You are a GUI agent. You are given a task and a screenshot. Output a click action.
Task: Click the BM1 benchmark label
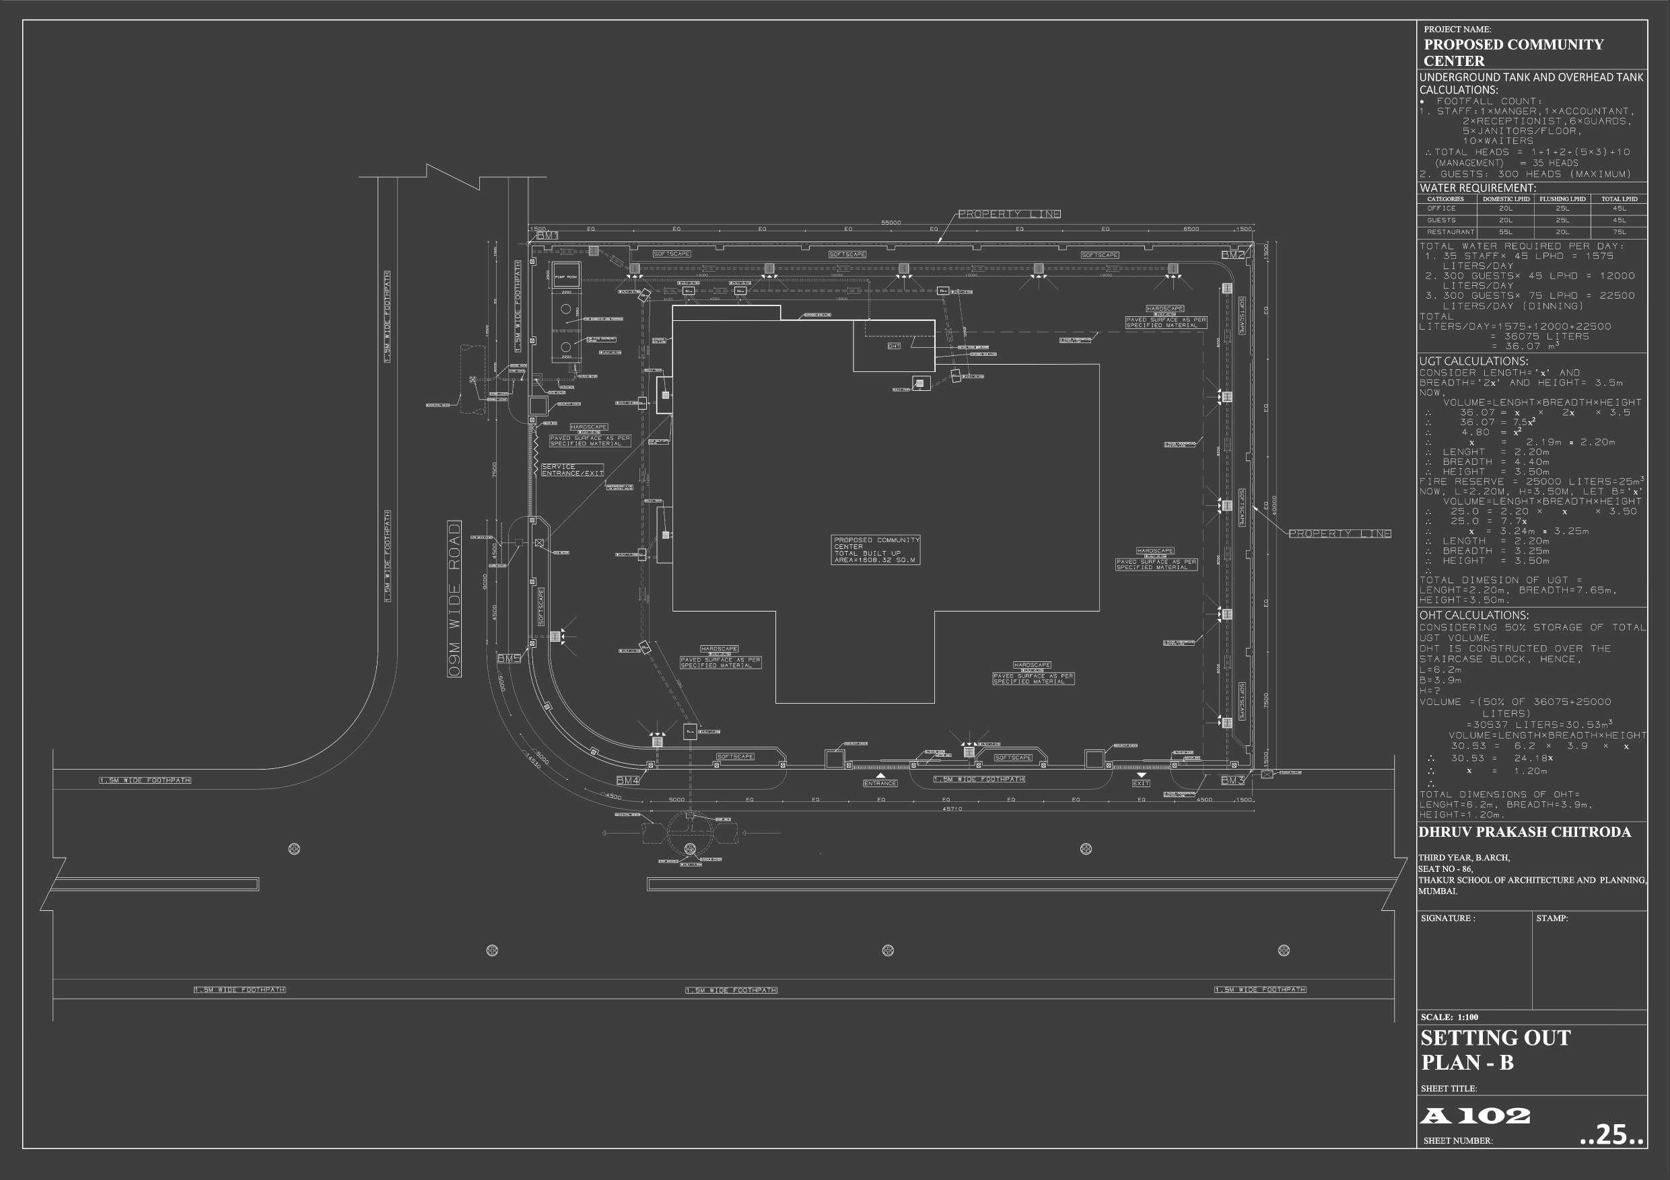point(547,236)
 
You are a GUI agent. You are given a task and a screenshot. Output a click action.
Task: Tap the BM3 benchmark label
point(1232,780)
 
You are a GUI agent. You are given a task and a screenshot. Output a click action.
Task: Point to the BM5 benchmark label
point(509,659)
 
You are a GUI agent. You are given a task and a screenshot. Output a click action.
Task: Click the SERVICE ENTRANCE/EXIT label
point(572,470)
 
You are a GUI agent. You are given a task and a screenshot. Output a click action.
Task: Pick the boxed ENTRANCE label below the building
point(880,783)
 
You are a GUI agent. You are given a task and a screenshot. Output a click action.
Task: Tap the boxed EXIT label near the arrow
point(1140,783)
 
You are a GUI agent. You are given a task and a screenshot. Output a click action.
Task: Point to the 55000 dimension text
point(891,223)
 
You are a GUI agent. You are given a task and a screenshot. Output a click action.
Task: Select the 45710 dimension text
point(952,809)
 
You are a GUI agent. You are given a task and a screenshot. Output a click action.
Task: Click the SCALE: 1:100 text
point(1450,1017)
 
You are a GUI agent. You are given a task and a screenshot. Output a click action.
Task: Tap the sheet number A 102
point(1475,1116)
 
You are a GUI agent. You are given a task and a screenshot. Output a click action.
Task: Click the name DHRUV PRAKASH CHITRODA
point(1525,832)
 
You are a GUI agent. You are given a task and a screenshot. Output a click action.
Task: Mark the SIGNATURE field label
point(1447,918)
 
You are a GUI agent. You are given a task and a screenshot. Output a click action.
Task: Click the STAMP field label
point(1552,918)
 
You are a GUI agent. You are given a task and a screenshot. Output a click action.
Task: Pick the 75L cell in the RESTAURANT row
point(1619,232)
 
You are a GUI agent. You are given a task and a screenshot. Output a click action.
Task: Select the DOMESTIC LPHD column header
point(1506,198)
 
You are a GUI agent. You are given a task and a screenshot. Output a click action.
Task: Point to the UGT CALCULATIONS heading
point(1473,361)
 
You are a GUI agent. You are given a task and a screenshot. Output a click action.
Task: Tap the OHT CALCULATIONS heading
point(1473,615)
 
